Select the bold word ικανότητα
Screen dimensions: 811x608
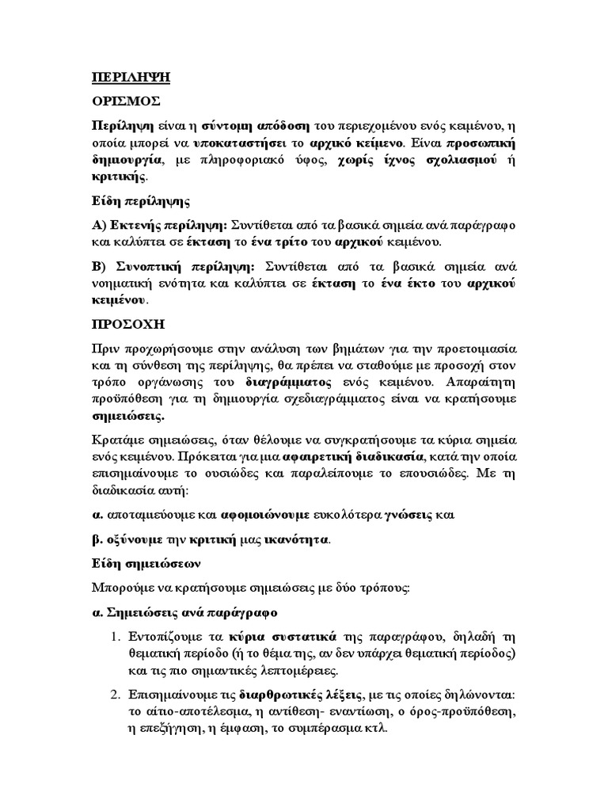tap(297, 540)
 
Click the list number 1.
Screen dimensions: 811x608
tap(115, 636)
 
